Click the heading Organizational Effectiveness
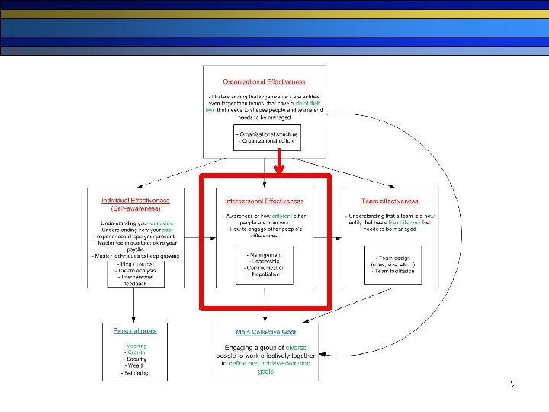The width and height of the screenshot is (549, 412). pyautogui.click(x=264, y=82)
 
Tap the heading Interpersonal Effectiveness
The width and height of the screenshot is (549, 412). pyautogui.click(x=264, y=201)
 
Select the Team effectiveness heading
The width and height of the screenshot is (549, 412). pyautogui.click(x=390, y=201)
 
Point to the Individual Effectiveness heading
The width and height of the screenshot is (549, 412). pyautogui.click(x=136, y=201)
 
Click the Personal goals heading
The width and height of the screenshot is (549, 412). pyautogui.click(x=135, y=331)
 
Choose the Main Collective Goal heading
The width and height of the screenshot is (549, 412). pyautogui.click(x=265, y=332)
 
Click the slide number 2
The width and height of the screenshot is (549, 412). pyautogui.click(x=513, y=385)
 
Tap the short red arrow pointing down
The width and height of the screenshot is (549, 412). pyautogui.click(x=279, y=162)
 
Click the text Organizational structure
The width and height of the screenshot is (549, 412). pyautogui.click(x=267, y=134)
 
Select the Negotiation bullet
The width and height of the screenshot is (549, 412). pyautogui.click(x=265, y=275)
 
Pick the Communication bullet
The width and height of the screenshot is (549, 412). pyautogui.click(x=265, y=268)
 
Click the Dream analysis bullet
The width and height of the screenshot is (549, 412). pyautogui.click(x=136, y=270)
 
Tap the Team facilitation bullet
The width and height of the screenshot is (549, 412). pyautogui.click(x=393, y=271)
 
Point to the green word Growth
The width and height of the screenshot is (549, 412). pyautogui.click(x=136, y=352)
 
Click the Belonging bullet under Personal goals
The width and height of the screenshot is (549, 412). pyautogui.click(x=136, y=373)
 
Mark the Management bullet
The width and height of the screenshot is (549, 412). pyautogui.click(x=265, y=254)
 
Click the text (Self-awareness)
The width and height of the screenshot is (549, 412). pyautogui.click(x=136, y=208)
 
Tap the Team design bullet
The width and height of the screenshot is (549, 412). pyautogui.click(x=393, y=257)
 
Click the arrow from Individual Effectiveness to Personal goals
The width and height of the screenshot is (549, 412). pyautogui.click(x=134, y=305)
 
